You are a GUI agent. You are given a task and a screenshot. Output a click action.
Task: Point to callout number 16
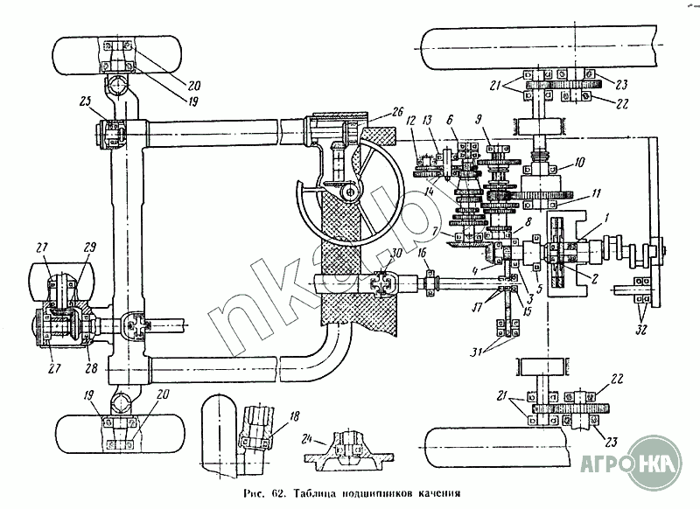[422, 253]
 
